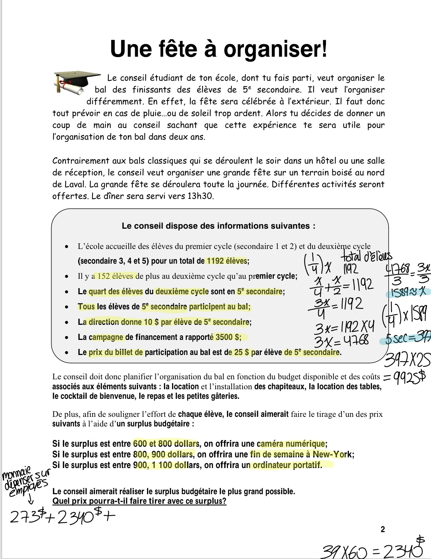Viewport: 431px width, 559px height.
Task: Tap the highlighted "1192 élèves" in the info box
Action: [227, 261]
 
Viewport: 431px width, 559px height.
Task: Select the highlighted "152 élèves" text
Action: [115, 276]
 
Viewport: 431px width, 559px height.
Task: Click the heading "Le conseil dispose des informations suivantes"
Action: [218, 226]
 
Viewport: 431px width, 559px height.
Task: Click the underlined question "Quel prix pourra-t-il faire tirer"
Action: [139, 501]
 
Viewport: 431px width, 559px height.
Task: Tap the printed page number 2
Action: [382, 529]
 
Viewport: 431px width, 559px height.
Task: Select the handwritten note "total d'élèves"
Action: [367, 257]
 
